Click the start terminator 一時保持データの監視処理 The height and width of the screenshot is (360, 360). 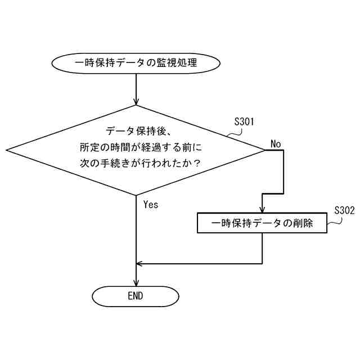click(x=136, y=63)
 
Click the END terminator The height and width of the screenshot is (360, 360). click(x=136, y=295)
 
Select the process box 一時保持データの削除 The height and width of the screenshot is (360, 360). click(x=263, y=223)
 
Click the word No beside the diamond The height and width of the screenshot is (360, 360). click(x=276, y=144)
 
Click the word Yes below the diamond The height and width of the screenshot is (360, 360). click(x=151, y=204)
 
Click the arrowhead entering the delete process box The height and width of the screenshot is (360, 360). click(x=263, y=209)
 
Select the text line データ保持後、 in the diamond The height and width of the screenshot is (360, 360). click(x=135, y=132)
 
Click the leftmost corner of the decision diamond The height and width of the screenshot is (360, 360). click(x=7, y=150)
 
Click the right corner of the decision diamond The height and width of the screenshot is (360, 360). click(x=264, y=150)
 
